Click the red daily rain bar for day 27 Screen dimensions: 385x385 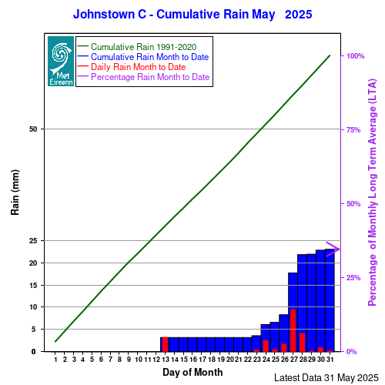(293, 330)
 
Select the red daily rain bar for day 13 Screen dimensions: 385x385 (165, 344)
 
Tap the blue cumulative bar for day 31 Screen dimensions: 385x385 (330, 300)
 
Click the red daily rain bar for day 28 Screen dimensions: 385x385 (302, 343)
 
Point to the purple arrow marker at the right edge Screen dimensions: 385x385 (333, 249)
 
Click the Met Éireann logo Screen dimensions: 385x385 (61, 61)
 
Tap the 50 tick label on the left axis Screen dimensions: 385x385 (33, 129)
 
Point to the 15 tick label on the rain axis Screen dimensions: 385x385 (33, 285)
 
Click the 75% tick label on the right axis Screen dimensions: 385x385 (353, 130)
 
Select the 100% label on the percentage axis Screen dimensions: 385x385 (355, 56)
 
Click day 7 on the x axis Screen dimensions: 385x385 (110, 360)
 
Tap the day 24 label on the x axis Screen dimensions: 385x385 (266, 360)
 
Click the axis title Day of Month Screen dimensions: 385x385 (192, 372)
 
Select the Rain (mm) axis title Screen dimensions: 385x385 (15, 192)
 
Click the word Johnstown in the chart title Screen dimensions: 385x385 (104, 15)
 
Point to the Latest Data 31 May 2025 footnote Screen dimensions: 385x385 (326, 378)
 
